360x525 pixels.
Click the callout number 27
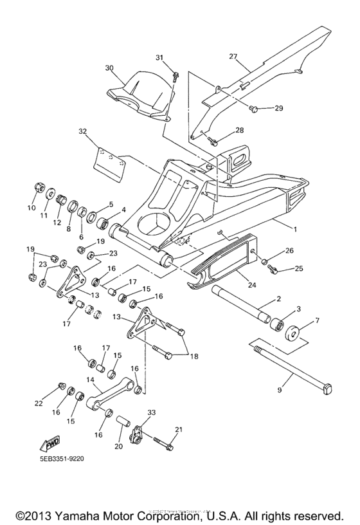click(233, 56)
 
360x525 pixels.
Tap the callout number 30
click(109, 68)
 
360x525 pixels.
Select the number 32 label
click(83, 131)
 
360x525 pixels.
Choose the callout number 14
click(90, 380)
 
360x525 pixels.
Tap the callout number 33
click(152, 412)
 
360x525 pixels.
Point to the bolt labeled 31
click(175, 77)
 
